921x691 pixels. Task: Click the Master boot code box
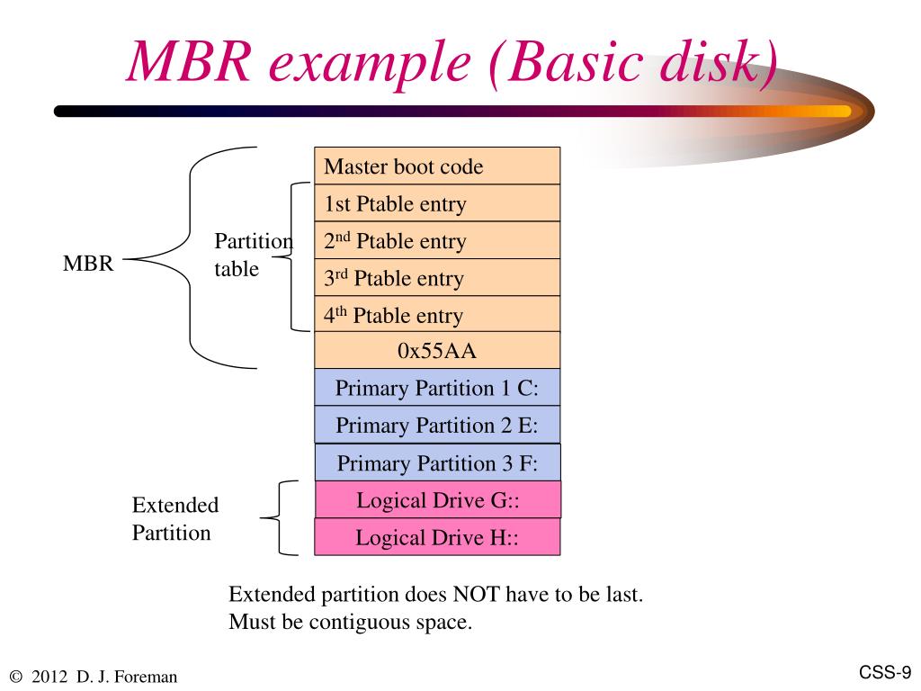coord(437,166)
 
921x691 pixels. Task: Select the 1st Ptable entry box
coord(437,203)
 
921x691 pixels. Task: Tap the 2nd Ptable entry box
coord(437,240)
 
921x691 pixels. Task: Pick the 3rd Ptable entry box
coord(437,278)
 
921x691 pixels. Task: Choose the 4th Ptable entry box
coord(437,315)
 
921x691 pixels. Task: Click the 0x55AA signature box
coord(437,351)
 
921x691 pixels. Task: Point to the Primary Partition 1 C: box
coord(437,388)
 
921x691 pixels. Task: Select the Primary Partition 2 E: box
coord(437,425)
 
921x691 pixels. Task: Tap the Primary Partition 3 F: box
coord(437,462)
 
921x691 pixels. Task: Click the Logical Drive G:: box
coord(437,499)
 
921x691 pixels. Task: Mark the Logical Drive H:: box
coord(437,537)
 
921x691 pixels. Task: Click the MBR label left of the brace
coord(88,265)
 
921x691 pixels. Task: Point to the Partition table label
coord(253,255)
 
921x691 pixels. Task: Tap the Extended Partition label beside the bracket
coord(174,518)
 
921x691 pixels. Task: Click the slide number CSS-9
coord(885,672)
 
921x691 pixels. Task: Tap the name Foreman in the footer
coord(147,677)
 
